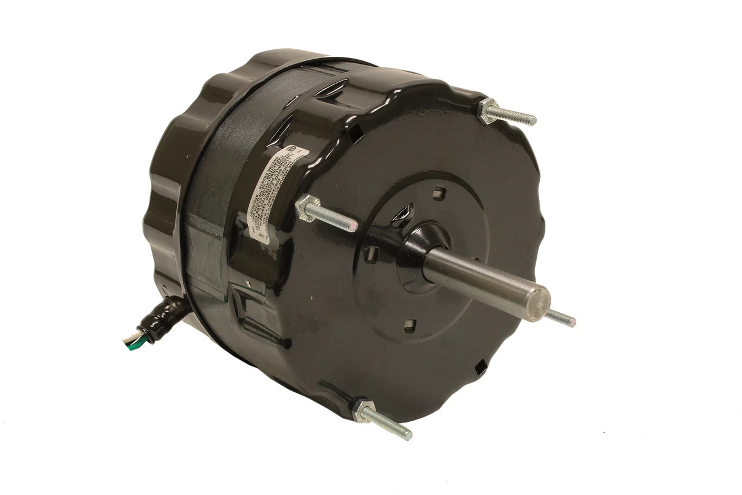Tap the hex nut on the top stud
[x=489, y=109]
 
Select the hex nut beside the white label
[x=308, y=207]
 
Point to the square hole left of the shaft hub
[x=374, y=253]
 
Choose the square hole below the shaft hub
[x=410, y=324]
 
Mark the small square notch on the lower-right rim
[x=479, y=366]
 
